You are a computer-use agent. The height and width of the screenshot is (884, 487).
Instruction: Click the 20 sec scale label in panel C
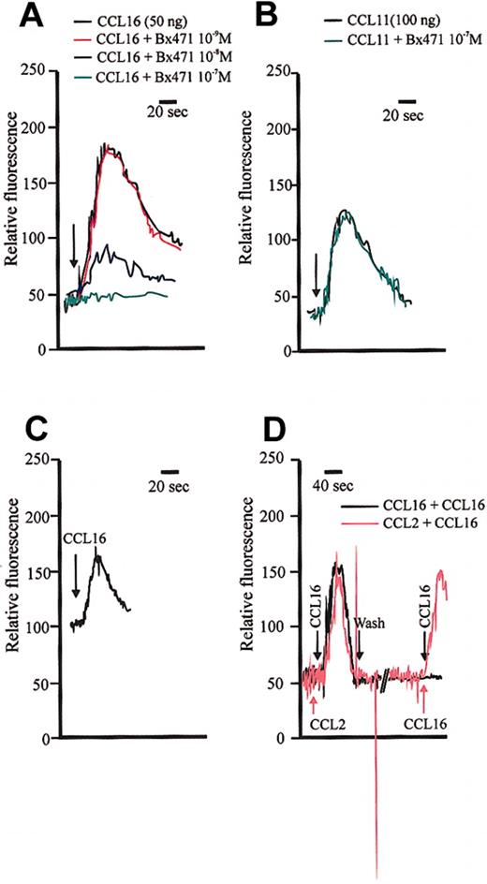click(x=169, y=486)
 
